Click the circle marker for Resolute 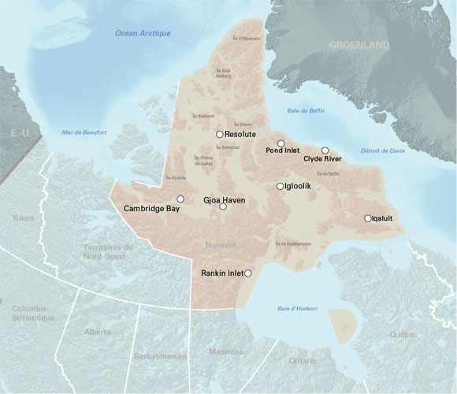(220, 135)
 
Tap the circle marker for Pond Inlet (281, 143)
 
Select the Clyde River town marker (325, 151)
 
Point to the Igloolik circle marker (280, 186)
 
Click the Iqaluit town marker (367, 218)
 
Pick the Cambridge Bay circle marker (180, 199)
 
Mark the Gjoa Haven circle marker (222, 206)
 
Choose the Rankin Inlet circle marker (248, 273)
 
